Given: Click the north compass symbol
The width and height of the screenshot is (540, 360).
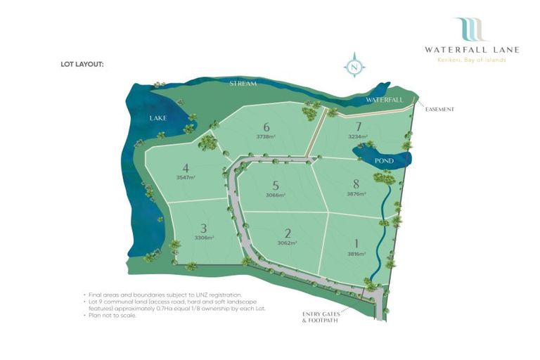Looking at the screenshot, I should pyautogui.click(x=354, y=67).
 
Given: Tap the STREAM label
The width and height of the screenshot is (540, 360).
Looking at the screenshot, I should pyautogui.click(x=243, y=84).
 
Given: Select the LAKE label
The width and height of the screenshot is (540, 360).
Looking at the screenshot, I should pyautogui.click(x=157, y=118).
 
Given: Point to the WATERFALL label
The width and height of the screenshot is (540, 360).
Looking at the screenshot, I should pyautogui.click(x=384, y=100).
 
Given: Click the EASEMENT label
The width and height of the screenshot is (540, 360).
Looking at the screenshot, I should pyautogui.click(x=439, y=109).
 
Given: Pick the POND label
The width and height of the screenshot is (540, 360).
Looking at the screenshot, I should pyautogui.click(x=384, y=161).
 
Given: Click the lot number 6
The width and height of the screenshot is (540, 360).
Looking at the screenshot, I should pyautogui.click(x=266, y=127).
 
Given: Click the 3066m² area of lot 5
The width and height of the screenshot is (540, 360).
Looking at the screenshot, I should pyautogui.click(x=276, y=195).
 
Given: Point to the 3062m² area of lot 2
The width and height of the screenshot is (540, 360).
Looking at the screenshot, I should pyautogui.click(x=287, y=243).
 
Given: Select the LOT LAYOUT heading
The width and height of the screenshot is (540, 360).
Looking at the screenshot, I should pyautogui.click(x=82, y=64).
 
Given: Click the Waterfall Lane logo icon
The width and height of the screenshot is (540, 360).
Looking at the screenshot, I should pyautogui.click(x=469, y=30).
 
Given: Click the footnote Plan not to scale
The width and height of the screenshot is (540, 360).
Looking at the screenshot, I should pyautogui.click(x=112, y=315).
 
